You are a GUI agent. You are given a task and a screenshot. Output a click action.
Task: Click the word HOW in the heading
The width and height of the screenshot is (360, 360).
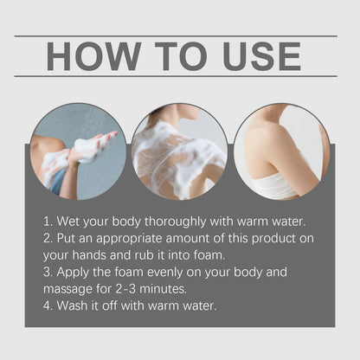pyautogui.click(x=94, y=56)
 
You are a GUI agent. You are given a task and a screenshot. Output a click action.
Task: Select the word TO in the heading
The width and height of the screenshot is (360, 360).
pyautogui.click(x=181, y=56)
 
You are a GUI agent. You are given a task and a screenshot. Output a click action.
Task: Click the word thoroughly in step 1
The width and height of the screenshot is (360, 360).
pyautogui.click(x=176, y=222)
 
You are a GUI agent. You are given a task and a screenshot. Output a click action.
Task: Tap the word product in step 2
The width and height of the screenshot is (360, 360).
pyautogui.click(x=273, y=239)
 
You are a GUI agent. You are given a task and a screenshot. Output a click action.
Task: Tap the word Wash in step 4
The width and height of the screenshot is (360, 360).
pyautogui.click(x=72, y=305)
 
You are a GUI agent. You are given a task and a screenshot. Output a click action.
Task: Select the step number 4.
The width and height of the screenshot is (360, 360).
pyautogui.click(x=48, y=305)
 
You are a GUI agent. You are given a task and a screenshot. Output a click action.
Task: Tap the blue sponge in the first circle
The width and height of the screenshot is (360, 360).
pyautogui.click(x=59, y=183)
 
